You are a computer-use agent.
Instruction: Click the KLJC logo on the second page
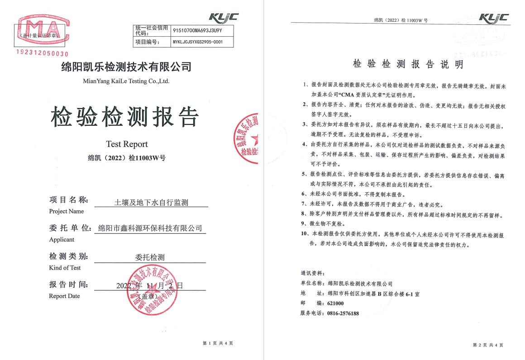[x=493, y=19]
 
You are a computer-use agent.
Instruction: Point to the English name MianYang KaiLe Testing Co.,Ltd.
[x=126, y=81]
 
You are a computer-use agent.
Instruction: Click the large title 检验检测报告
[x=125, y=117]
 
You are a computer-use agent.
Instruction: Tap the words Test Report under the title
[x=127, y=144]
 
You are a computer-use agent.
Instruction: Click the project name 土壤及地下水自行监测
[x=151, y=203]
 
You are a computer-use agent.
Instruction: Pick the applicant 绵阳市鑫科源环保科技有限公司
[x=150, y=228]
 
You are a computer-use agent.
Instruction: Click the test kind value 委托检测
[x=150, y=257]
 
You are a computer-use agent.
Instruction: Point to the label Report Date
[x=64, y=296]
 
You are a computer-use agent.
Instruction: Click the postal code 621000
[x=336, y=303]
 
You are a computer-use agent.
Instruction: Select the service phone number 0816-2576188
[x=343, y=313]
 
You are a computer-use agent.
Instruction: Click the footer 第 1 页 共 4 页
[x=218, y=344]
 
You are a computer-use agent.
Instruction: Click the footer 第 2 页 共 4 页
[x=487, y=345]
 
